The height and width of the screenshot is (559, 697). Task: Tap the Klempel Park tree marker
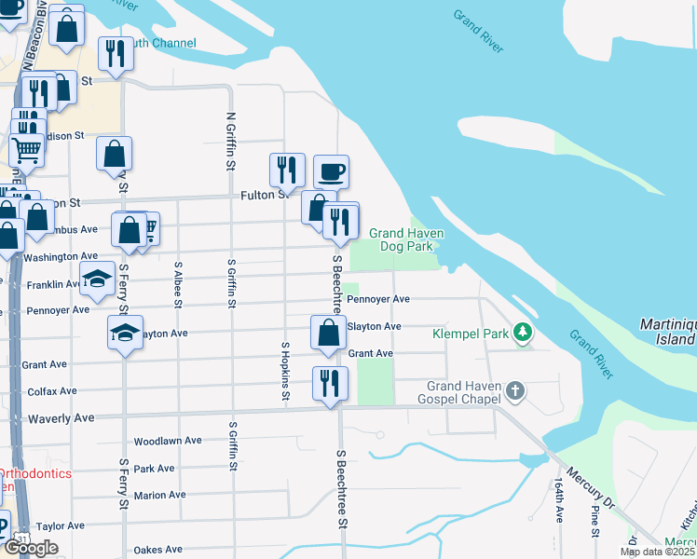(x=523, y=332)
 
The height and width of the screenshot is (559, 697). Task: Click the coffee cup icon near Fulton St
(x=331, y=171)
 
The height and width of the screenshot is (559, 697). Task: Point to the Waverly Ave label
(x=61, y=418)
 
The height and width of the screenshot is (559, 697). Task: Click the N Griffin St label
(x=230, y=142)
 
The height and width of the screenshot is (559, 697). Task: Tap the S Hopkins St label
(x=286, y=372)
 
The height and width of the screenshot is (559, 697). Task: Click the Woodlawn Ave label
(x=168, y=441)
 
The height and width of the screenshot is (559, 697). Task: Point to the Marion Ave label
(x=159, y=495)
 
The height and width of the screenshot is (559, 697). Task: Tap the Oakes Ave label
(x=157, y=550)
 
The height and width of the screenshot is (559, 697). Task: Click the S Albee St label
(x=178, y=284)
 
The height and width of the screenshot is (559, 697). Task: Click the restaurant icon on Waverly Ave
(x=330, y=383)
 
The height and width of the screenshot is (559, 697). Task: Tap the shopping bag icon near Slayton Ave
(x=328, y=333)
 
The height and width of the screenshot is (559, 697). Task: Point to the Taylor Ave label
(x=61, y=525)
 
